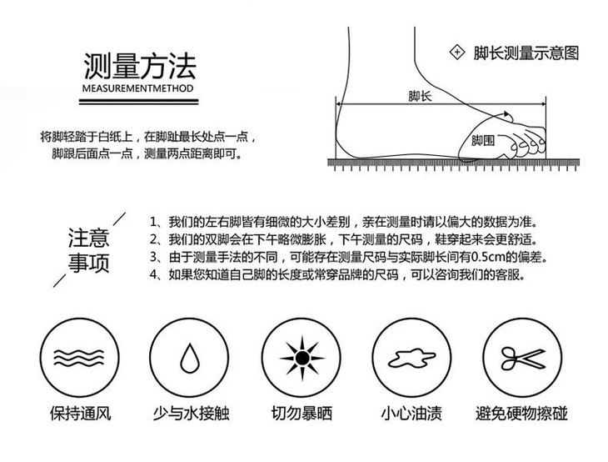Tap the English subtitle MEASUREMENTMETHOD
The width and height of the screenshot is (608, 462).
[x=138, y=87]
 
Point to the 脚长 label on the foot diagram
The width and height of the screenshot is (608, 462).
[x=420, y=96]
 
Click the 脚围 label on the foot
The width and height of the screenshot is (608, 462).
[x=482, y=139]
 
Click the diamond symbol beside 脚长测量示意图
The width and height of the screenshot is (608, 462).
[x=456, y=53]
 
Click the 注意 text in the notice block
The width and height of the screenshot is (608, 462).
[x=87, y=238]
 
